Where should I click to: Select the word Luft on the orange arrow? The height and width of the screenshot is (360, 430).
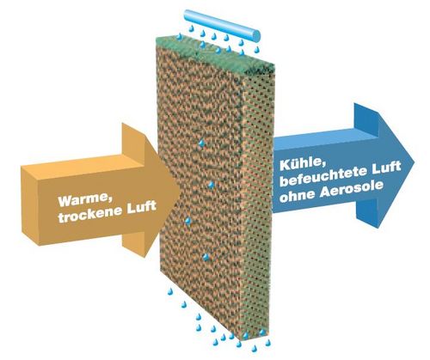141,207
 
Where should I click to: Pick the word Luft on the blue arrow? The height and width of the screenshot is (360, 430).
385,168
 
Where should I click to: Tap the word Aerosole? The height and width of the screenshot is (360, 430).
351,189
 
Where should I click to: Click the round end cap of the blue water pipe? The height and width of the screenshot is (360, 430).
255,35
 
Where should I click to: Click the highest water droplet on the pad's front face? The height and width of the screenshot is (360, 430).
202,143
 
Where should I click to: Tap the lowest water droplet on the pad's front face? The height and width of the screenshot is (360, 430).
206,258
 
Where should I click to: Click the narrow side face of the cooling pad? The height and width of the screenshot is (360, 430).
255,200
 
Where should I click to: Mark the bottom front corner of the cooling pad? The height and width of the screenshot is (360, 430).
242,340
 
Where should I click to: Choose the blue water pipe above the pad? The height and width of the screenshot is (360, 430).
222,24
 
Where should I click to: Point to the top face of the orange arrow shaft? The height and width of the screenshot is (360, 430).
83,162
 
